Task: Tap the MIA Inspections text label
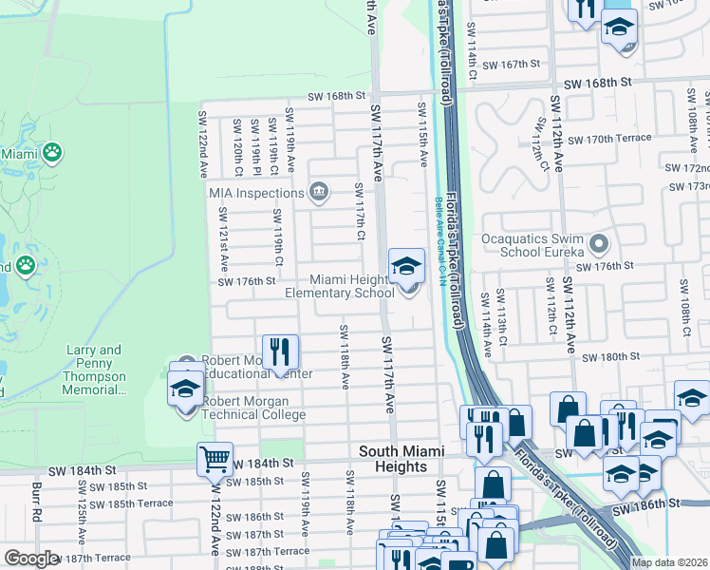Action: coord(256,193)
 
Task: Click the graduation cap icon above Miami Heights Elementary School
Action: coord(406,266)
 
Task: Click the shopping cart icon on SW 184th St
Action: coord(215,460)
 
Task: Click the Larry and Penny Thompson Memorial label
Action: coord(94,370)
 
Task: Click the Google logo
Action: coord(31,559)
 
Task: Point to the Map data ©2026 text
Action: coord(669,562)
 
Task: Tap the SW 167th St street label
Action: coord(511,65)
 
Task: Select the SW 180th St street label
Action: coord(614,357)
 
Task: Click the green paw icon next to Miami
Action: coord(51,152)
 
